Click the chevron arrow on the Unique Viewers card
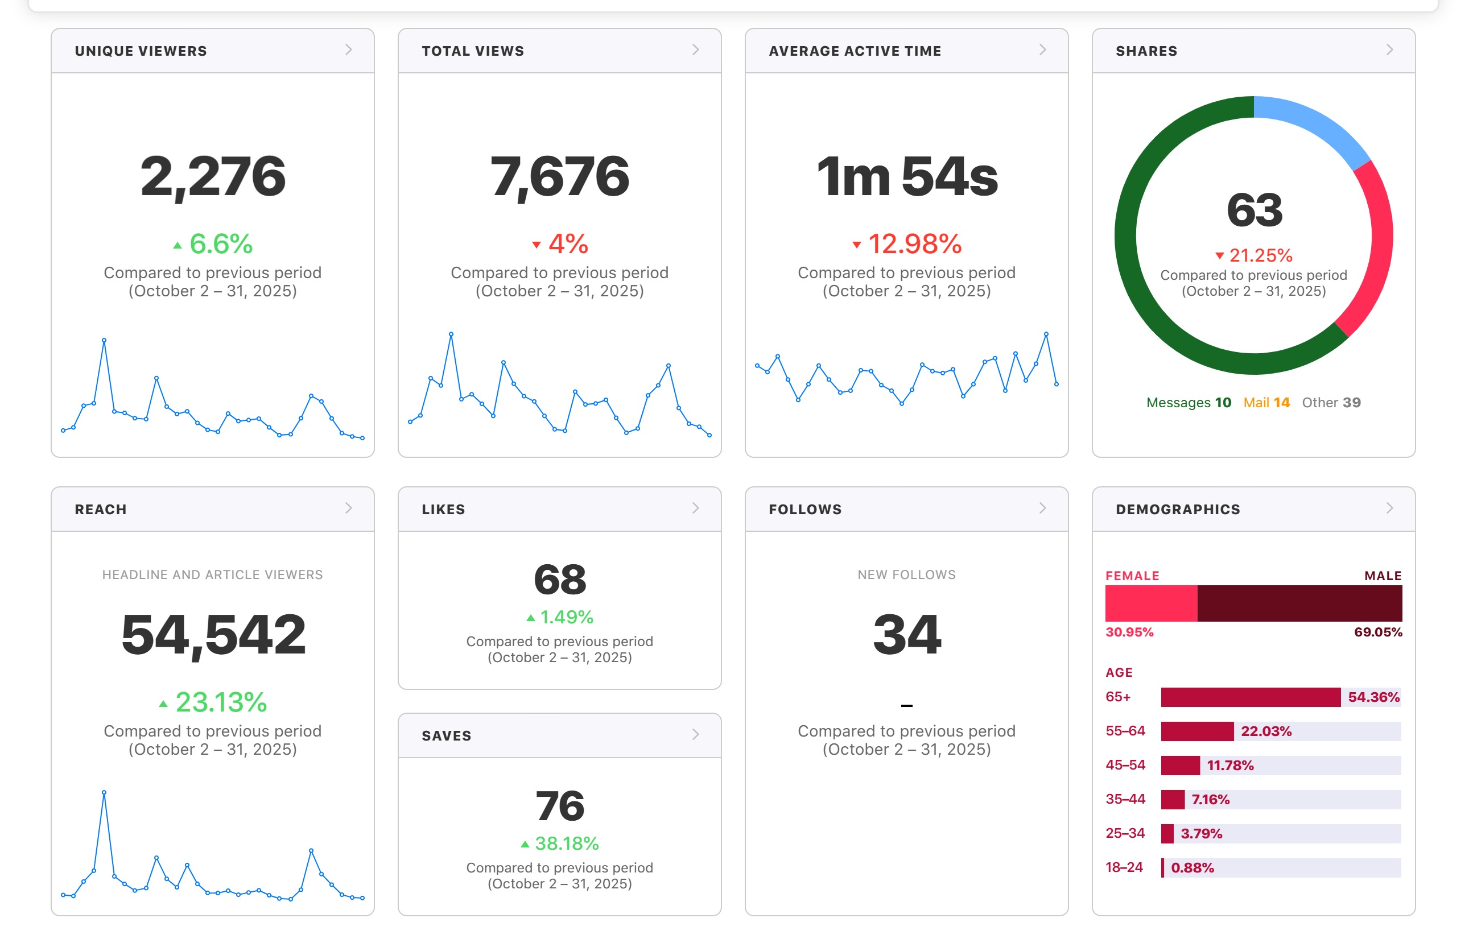pyautogui.click(x=349, y=50)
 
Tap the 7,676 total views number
pyautogui.click(x=560, y=177)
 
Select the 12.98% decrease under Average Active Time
pyautogui.click(x=907, y=243)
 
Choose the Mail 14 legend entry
pyautogui.click(x=1266, y=402)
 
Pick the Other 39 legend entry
pyautogui.click(x=1331, y=402)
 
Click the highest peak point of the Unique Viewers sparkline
pyautogui.click(x=104, y=340)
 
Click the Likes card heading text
pyautogui.click(x=443, y=510)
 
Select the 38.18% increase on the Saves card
pyautogui.click(x=560, y=843)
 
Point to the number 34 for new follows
pyautogui.click(x=907, y=635)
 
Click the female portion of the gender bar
pyautogui.click(x=1151, y=603)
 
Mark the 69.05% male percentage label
pyautogui.click(x=1378, y=632)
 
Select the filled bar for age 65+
pyautogui.click(x=1251, y=697)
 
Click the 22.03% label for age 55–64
pyautogui.click(x=1266, y=731)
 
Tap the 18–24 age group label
pyautogui.click(x=1124, y=867)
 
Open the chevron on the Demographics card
pyautogui.click(x=1390, y=508)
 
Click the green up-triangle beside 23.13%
pyautogui.click(x=163, y=704)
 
